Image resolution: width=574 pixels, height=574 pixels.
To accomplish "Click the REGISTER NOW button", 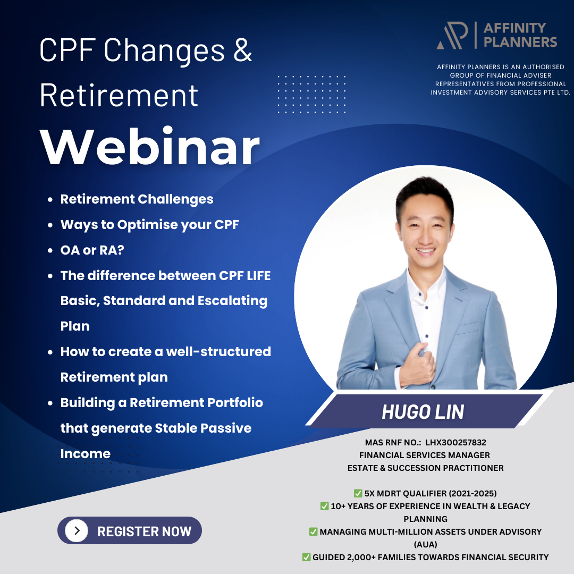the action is tap(130, 530).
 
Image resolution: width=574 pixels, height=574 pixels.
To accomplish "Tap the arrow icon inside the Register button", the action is tap(77, 530).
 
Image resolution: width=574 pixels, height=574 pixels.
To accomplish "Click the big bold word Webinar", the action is tap(150, 147).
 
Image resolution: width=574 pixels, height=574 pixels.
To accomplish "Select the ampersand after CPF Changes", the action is tap(243, 50).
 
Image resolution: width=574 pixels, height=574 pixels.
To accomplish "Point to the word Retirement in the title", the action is tap(119, 95).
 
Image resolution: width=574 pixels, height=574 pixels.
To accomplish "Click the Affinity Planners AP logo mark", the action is tap(452, 35).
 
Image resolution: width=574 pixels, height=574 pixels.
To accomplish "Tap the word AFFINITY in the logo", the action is tap(514, 28).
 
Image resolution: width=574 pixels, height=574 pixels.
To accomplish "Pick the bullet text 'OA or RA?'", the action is tap(92, 250).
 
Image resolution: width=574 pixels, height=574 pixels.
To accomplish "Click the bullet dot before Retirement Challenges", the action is tap(50, 199).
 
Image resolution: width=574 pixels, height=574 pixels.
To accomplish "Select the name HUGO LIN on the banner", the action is tap(423, 412).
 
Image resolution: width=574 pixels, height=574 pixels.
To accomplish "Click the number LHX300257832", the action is tap(455, 442).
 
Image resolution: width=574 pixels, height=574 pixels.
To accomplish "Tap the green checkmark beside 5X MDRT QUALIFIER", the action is tap(358, 493).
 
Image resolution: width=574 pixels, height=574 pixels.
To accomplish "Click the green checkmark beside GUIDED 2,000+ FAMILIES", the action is tap(307, 557).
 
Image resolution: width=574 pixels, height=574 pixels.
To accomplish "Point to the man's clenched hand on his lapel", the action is tap(417, 366).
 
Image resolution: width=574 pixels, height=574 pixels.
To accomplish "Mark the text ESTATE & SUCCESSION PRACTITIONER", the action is tap(425, 468).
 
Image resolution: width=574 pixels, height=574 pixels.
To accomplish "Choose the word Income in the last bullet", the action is tap(85, 453).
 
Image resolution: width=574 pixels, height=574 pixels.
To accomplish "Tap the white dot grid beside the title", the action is tap(311, 94).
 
